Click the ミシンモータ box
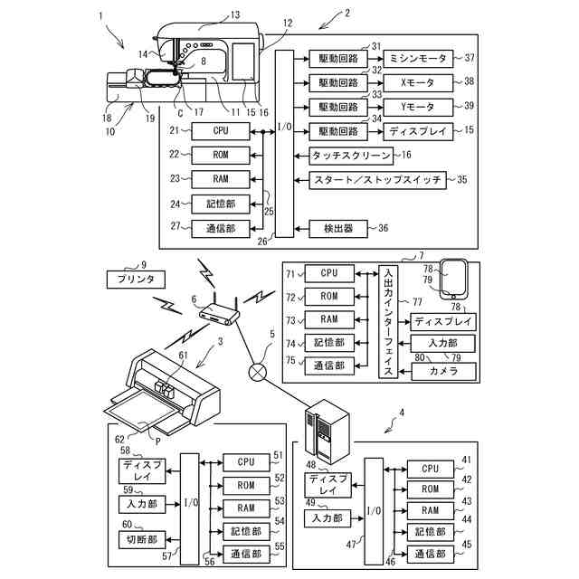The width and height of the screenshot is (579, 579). point(418,59)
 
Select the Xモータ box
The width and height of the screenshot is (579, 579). point(418,83)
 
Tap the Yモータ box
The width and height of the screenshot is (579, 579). point(418,108)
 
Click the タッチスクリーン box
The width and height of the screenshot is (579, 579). point(351,157)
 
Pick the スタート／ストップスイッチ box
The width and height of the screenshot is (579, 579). point(377,180)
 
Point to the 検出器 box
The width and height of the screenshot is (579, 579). point(338,229)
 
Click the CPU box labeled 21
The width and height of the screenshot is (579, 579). point(221,131)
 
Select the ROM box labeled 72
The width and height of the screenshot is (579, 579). point(329,297)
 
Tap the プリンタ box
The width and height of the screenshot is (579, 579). point(136,280)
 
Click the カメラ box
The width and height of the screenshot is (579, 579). point(443,371)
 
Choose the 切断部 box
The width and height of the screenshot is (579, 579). point(142,539)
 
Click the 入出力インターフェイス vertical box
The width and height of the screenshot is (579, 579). point(388,321)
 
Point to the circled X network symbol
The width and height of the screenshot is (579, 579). point(257,371)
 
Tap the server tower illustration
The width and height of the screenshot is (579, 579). point(327,432)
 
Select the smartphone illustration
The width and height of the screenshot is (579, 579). point(454,280)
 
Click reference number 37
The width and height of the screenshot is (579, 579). point(470,58)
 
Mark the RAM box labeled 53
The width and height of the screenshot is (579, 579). point(246,508)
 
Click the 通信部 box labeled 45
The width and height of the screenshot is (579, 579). point(431,554)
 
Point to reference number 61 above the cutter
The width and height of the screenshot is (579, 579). point(183,356)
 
